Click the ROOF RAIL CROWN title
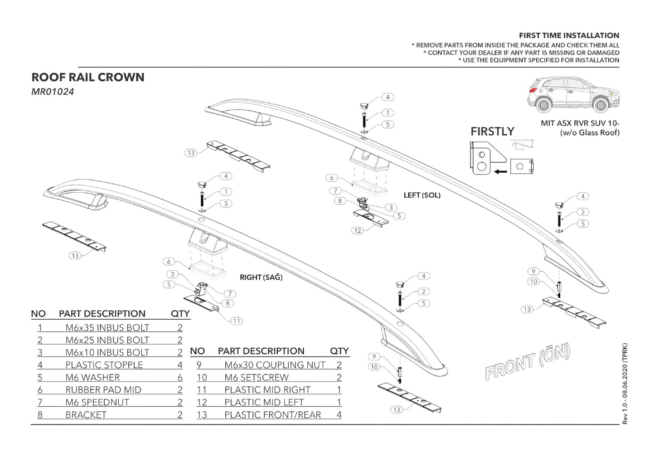click(88, 78)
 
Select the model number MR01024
click(53, 92)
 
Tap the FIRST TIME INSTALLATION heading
click(569, 35)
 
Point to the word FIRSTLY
click(492, 132)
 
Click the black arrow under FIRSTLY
click(500, 172)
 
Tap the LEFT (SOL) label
click(422, 195)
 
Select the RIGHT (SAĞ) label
click(261, 278)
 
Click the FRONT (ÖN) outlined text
click(527, 362)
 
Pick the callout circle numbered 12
click(358, 230)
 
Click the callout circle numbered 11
click(237, 321)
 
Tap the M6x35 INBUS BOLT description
click(107, 328)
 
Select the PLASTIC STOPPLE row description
click(104, 365)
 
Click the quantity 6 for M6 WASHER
click(180, 378)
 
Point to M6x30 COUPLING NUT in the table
click(275, 365)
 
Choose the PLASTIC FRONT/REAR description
click(272, 415)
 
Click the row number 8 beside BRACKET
click(40, 415)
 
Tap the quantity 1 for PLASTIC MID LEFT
click(339, 403)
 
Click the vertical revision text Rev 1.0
click(625, 384)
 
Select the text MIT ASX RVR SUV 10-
click(580, 123)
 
